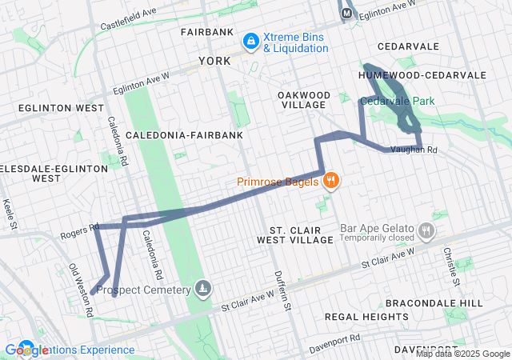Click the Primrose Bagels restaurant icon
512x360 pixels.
click(331, 181)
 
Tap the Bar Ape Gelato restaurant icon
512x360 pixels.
click(426, 231)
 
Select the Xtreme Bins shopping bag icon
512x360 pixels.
click(250, 39)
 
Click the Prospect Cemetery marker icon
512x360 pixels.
click(204, 289)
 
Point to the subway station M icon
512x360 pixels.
click(347, 13)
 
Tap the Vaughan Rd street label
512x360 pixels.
click(414, 150)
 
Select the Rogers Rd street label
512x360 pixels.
click(78, 230)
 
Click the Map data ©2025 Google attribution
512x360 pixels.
click(462, 354)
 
